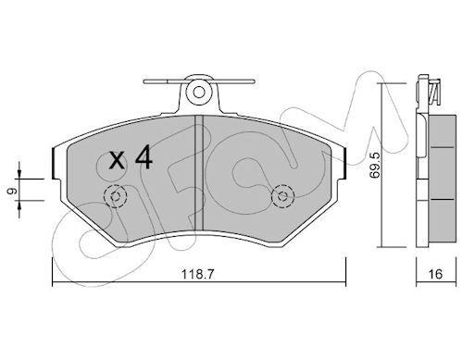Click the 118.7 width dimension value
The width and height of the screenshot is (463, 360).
pyautogui.click(x=197, y=274)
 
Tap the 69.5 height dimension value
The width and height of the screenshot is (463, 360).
pyautogui.click(x=376, y=166)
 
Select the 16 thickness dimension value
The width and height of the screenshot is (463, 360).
pyautogui.click(x=435, y=274)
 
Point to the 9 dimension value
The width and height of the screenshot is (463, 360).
pyautogui.click(x=13, y=192)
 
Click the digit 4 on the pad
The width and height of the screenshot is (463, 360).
pyautogui.click(x=144, y=157)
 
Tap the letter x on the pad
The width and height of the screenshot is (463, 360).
pyautogui.click(x=117, y=161)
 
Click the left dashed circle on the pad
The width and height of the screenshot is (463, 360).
pyautogui.click(x=116, y=196)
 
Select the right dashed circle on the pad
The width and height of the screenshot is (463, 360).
pyautogui.click(x=282, y=196)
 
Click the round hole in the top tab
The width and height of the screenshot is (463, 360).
pyautogui.click(x=199, y=93)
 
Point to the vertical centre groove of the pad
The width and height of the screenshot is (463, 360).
pyautogui.click(x=199, y=173)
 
